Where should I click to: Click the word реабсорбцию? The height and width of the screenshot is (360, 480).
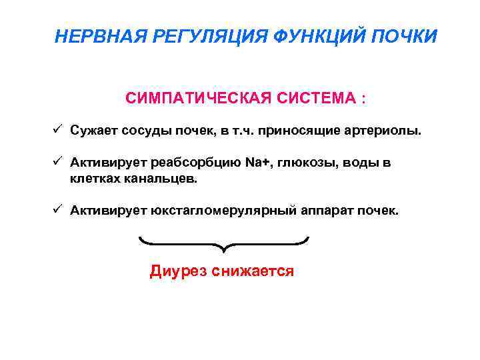(187, 164)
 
